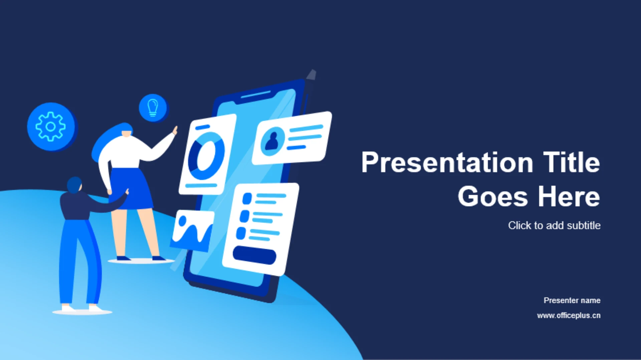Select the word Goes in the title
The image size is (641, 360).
point(493,197)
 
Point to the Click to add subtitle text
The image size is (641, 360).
point(554,226)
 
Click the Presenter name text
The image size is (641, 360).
point(572,300)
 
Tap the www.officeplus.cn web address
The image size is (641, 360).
point(569,316)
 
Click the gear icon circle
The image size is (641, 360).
point(51,126)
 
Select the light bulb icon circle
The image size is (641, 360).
point(153,108)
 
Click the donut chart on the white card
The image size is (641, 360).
point(206,156)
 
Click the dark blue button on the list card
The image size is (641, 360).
point(254,255)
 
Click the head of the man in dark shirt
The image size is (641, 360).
point(74,185)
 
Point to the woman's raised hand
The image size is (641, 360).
point(175,130)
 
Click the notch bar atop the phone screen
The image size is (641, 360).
point(256,94)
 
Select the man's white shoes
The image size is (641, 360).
point(82,309)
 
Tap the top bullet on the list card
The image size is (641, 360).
point(247,199)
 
